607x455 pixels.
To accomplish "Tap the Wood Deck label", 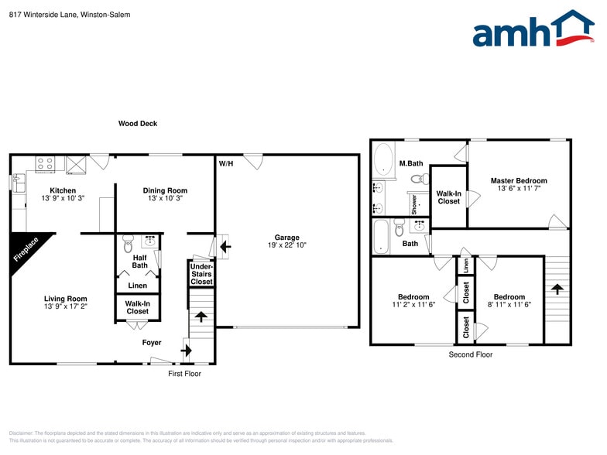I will tap(138, 123).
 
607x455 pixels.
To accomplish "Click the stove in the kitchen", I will tap(45, 164).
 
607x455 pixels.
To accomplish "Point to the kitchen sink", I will tap(18, 182).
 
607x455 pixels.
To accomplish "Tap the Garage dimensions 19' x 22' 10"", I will tap(286, 246).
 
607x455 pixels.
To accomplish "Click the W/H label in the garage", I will tap(225, 164).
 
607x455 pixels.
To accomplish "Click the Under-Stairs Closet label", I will tap(201, 274).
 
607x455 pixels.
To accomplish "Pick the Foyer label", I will tap(152, 342).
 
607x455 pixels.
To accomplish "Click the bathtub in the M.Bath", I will tap(382, 160).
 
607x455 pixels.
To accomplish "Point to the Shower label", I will tap(414, 204).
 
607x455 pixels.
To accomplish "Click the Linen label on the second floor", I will tap(465, 265).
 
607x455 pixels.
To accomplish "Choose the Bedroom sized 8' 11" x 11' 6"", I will tap(509, 301).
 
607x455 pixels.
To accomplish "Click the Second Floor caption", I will tap(470, 354).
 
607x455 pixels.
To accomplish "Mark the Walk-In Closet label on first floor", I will tap(138, 307).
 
